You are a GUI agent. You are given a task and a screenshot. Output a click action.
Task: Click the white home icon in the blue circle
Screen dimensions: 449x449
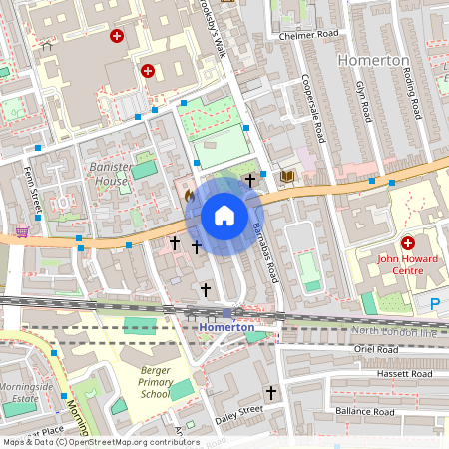(224, 216)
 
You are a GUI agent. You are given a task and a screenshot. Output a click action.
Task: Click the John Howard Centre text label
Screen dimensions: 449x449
(407, 264)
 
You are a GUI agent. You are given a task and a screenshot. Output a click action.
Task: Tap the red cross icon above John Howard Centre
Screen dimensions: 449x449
(407, 243)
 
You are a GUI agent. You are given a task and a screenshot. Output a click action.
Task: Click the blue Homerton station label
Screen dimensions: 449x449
(226, 326)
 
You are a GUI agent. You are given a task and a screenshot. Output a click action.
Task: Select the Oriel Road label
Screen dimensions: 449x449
(377, 350)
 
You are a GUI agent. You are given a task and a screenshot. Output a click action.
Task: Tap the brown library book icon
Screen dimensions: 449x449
(287, 177)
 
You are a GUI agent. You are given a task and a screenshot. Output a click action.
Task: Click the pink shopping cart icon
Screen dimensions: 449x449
(21, 231)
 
